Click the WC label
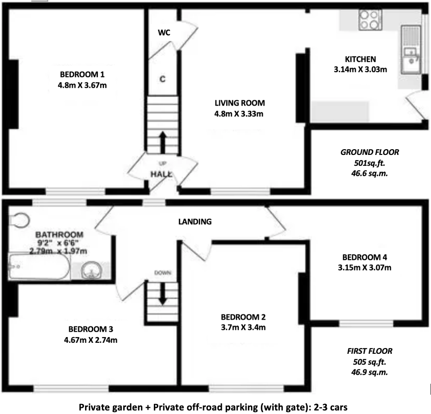tap(164, 33)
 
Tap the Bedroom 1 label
tap(82, 75)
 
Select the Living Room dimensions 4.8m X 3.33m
tap(239, 114)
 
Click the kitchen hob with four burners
tap(368, 20)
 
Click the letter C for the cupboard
tap(162, 79)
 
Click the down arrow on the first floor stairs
tap(162, 293)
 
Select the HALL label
tap(162, 175)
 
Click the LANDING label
tap(195, 222)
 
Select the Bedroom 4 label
tap(364, 256)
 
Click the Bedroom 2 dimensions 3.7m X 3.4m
tap(243, 327)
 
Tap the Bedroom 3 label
tap(91, 329)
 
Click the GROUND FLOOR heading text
tap(369, 153)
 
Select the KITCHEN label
tap(360, 59)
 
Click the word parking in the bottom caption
tap(244, 407)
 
